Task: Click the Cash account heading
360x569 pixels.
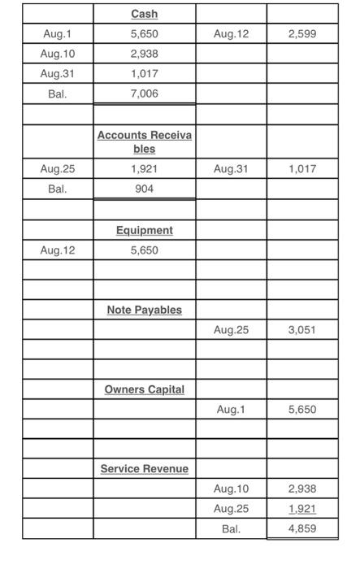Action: (x=144, y=15)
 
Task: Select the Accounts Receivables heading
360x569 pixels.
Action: (x=144, y=142)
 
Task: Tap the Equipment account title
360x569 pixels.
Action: (x=144, y=231)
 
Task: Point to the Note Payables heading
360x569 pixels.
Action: (x=144, y=311)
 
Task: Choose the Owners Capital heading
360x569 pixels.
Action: (x=144, y=390)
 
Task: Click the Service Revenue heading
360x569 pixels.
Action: (x=144, y=469)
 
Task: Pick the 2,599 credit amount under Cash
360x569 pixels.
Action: (x=302, y=34)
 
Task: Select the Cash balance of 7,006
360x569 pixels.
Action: (x=144, y=94)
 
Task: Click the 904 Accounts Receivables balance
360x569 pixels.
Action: (x=144, y=189)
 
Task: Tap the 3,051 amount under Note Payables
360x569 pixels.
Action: (x=302, y=330)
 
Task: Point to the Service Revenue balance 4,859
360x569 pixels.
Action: (x=302, y=528)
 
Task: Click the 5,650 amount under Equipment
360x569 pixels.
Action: (x=144, y=250)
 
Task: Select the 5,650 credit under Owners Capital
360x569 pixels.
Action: (x=302, y=410)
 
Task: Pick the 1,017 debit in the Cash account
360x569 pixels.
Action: (x=144, y=74)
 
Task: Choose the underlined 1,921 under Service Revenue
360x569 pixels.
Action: (x=302, y=509)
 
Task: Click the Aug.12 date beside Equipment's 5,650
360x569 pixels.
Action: (x=58, y=250)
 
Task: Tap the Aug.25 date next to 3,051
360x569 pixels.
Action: (x=231, y=330)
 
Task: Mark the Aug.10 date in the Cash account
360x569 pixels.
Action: (x=58, y=54)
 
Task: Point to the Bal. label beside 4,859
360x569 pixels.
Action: (x=231, y=528)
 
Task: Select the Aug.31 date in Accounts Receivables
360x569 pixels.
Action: (x=231, y=169)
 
